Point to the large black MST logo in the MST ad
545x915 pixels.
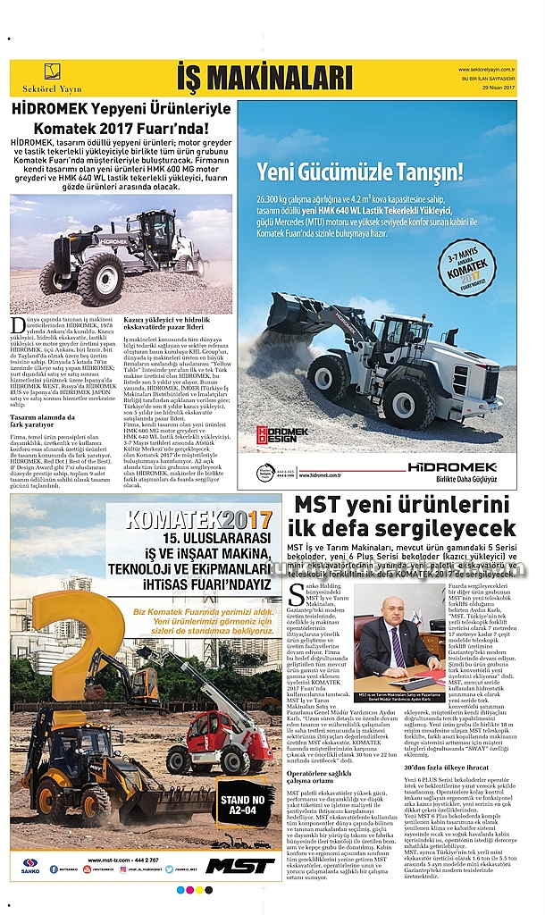(240, 865)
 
